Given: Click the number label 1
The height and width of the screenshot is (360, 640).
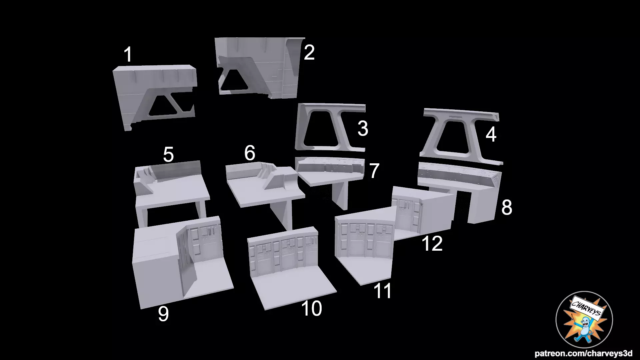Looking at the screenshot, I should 128,55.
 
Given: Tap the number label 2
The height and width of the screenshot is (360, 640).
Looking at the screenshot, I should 309,53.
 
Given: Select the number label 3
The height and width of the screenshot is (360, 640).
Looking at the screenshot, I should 363,129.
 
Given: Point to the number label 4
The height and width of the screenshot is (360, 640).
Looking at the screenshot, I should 491,135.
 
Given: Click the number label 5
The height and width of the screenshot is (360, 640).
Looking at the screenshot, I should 168,155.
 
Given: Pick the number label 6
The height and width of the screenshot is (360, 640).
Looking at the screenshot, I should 250,153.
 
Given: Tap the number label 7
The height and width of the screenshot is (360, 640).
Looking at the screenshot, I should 374,171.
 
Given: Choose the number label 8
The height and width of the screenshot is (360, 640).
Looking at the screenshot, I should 506,207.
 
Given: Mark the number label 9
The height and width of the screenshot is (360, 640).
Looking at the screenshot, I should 163,314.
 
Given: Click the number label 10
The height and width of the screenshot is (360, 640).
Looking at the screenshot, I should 311,309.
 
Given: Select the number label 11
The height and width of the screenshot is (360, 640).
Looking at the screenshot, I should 382,291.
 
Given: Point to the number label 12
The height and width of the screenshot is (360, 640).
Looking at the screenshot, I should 432,244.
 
